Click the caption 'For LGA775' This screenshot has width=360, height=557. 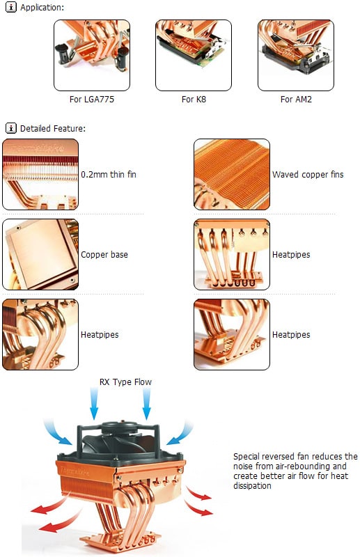coord(92,99)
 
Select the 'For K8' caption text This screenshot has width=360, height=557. coord(194,99)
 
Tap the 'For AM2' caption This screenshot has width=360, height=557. coord(296,99)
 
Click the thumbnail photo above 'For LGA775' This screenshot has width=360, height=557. coord(92,55)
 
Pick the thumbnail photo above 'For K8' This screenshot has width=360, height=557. coord(194,55)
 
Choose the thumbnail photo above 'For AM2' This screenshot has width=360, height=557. coord(296,55)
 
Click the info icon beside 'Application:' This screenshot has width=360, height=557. coord(11,7)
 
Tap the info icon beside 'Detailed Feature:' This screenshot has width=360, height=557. coord(11,128)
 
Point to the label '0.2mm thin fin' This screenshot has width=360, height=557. coord(109,175)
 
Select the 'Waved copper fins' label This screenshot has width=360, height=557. coord(308,175)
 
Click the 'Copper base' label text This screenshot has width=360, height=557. coord(104,255)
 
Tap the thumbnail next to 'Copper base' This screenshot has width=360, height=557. coord(40,254)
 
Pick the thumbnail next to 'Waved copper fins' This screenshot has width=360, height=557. coord(232,174)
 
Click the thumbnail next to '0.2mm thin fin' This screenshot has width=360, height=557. coord(40,174)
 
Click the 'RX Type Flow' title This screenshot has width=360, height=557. coord(125,382)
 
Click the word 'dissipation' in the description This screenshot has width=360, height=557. coord(252,485)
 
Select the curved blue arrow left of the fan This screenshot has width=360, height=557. coord(57,432)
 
